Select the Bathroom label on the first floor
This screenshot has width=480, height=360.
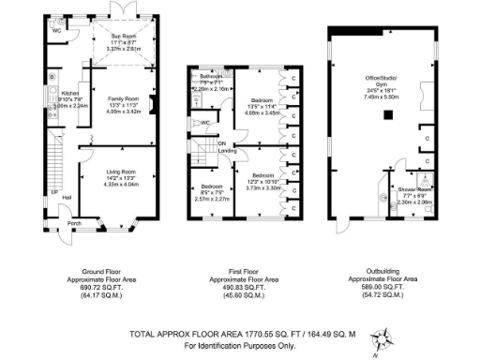212,76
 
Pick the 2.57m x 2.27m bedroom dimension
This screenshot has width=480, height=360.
211,199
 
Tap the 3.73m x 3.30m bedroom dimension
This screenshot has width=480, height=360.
262,187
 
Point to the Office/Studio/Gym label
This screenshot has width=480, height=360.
381,85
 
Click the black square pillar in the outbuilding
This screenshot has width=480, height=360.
385,114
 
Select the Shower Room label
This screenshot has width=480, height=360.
412,190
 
